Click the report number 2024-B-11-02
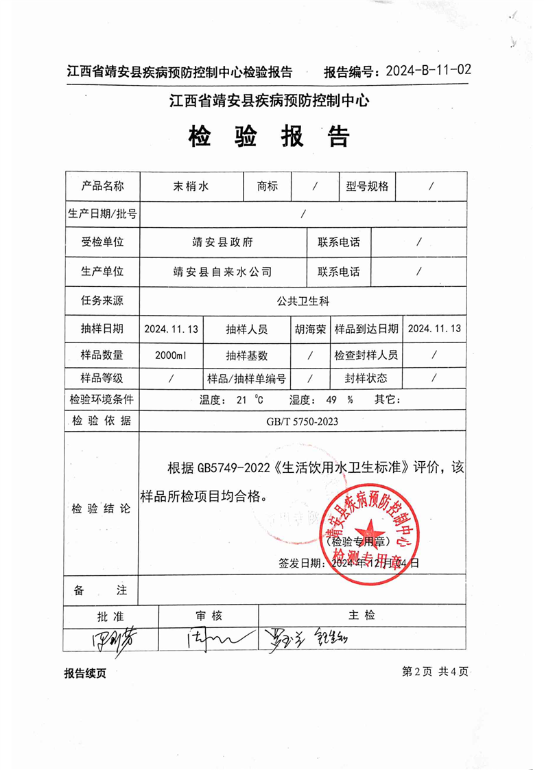(429, 71)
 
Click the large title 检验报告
(269, 137)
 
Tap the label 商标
(268, 186)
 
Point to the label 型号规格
(368, 186)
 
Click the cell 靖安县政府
(223, 242)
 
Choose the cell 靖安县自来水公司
(223, 271)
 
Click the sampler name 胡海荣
(310, 329)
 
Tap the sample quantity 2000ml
(171, 355)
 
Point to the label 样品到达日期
(366, 329)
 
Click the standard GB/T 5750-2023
(303, 422)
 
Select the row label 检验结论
(101, 509)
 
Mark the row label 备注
(101, 590)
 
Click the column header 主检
(362, 616)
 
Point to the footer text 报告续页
(85, 673)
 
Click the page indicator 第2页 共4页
(435, 672)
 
